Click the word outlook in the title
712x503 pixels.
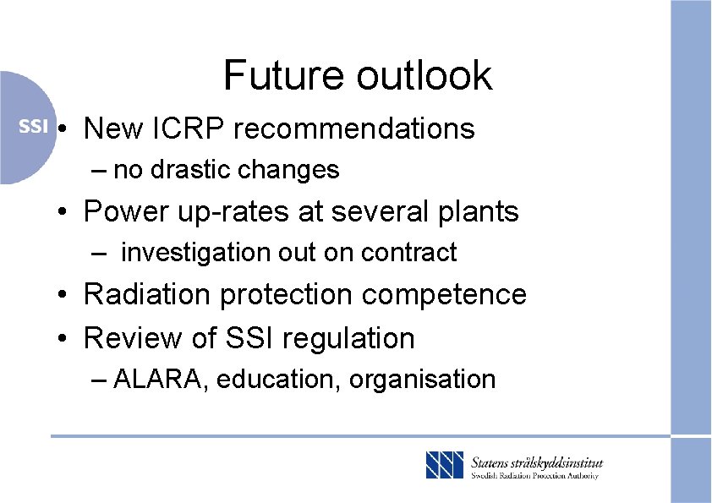(x=424, y=74)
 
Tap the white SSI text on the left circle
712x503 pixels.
(x=33, y=127)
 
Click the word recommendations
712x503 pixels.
(x=354, y=128)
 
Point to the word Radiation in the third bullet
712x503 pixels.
(x=145, y=294)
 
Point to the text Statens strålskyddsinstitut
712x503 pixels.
(x=536, y=462)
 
